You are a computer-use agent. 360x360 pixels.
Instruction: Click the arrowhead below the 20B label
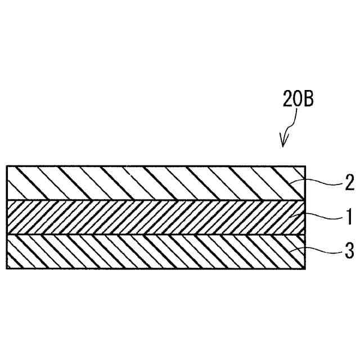(x=284, y=143)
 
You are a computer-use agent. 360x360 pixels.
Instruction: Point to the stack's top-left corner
(x=7, y=166)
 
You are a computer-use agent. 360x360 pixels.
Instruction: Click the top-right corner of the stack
(x=305, y=166)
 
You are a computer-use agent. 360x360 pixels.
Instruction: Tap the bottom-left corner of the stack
(x=7, y=268)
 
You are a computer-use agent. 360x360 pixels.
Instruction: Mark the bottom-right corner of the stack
(x=305, y=268)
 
